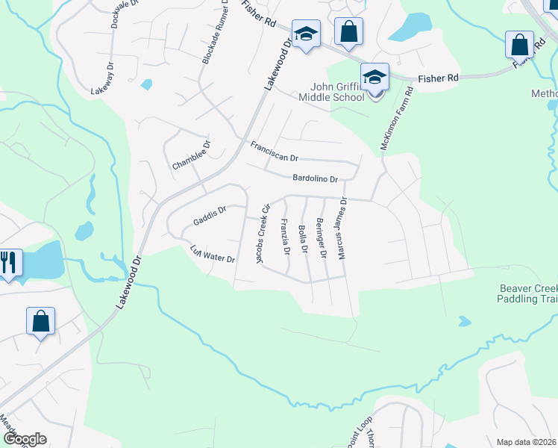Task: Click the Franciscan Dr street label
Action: pos(274,152)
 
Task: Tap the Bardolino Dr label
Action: pos(316,178)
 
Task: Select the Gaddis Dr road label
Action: pos(209,217)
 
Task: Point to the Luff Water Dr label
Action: pos(213,254)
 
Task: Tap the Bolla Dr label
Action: pos(303,238)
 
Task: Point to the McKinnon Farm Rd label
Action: pos(396,119)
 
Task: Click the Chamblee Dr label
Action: pos(192,155)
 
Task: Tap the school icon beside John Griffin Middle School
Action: pos(374,77)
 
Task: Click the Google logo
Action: pos(25,439)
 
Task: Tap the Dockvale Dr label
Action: pos(125,13)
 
